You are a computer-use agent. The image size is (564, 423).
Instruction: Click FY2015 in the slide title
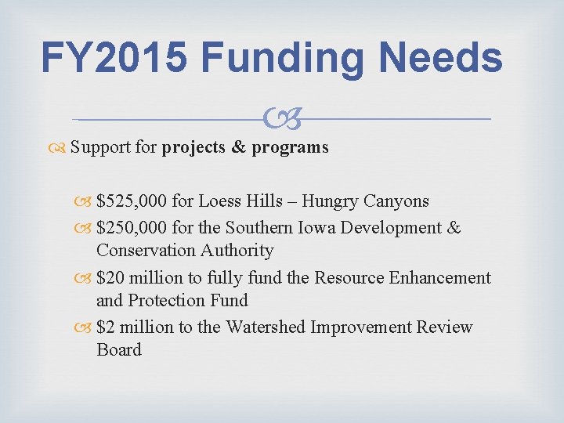pyautogui.click(x=113, y=57)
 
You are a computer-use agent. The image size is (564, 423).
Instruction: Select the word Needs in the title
pyautogui.click(x=443, y=57)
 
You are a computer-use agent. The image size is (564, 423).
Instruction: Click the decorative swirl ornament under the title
pyautogui.click(x=282, y=120)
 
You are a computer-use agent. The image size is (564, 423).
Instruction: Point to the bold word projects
pyautogui.click(x=194, y=147)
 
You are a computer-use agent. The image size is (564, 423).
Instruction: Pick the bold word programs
pyautogui.click(x=290, y=147)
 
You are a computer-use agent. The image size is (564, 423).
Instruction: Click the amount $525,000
pyautogui.click(x=131, y=201)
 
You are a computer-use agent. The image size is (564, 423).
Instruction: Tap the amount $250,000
pyautogui.click(x=131, y=228)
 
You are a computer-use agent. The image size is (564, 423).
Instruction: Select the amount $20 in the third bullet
pyautogui.click(x=109, y=278)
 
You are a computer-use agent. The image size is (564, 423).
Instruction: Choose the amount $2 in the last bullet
pyautogui.click(x=104, y=327)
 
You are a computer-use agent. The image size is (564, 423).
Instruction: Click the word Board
pyautogui.click(x=119, y=350)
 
